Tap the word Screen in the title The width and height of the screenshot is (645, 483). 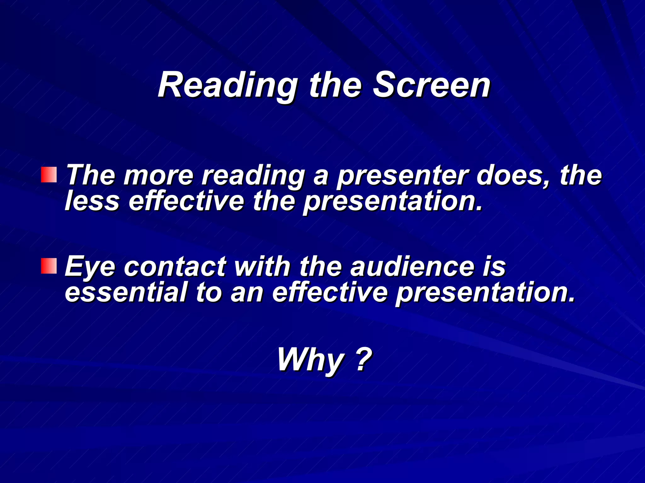pos(431,85)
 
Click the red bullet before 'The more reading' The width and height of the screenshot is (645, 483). pos(49,175)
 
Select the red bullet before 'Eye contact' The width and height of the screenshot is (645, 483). pos(49,266)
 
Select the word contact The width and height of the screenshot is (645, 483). pos(175,267)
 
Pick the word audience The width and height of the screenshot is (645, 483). pos(412,267)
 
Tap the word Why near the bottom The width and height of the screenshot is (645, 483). pos(311,360)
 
